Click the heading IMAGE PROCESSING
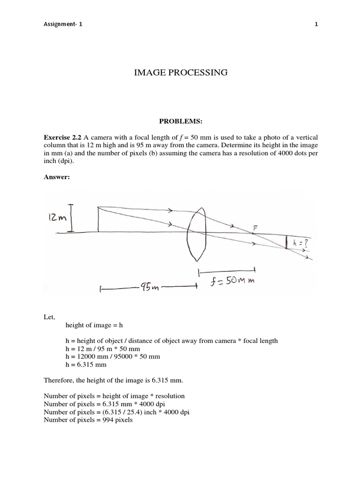tap(181, 73)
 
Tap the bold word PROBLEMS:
tap(181, 121)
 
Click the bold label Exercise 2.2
tap(63, 137)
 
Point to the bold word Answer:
tap(57, 176)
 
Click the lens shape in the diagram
tap(197, 233)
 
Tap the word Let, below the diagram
tap(49, 317)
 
